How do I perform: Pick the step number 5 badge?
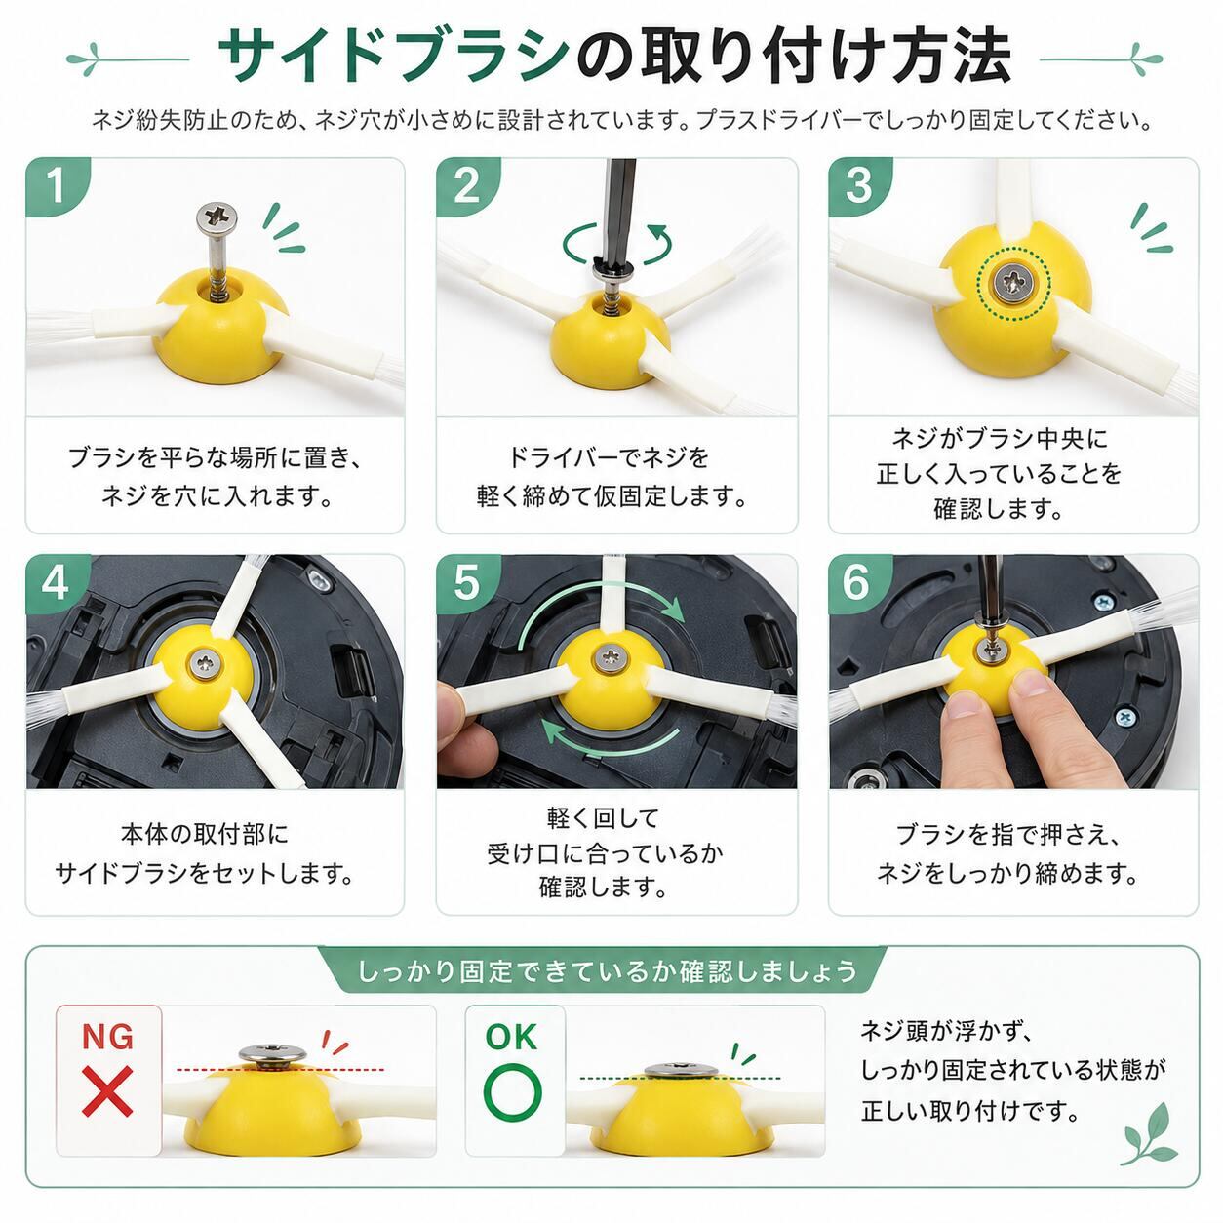point(466,582)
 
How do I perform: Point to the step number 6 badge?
point(858,582)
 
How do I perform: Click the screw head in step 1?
point(217,216)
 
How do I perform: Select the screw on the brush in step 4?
point(206,663)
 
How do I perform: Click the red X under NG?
point(107,1091)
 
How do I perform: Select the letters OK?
point(511,1037)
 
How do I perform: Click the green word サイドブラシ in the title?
point(392,59)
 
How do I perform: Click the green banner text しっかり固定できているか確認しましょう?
point(608,971)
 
